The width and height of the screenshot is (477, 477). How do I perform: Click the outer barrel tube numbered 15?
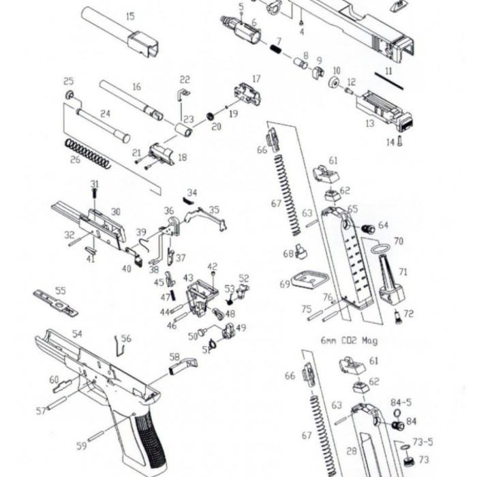[x=119, y=31]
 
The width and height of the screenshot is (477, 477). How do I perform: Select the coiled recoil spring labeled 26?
[x=88, y=153]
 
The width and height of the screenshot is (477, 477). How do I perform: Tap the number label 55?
[x=61, y=291]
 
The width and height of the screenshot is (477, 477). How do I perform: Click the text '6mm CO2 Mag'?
[x=348, y=339]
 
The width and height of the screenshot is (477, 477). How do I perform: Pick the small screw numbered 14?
[x=399, y=142]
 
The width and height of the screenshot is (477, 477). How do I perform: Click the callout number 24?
[x=105, y=114]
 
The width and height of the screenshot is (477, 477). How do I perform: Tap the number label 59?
[x=82, y=446]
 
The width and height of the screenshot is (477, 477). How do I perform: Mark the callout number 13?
[x=370, y=123]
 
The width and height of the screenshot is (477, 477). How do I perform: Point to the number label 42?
[x=213, y=266]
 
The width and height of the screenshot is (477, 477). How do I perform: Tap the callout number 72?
[x=409, y=314]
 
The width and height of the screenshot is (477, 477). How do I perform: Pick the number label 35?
[x=213, y=210]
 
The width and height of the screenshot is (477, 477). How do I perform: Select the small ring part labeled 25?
[x=70, y=93]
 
